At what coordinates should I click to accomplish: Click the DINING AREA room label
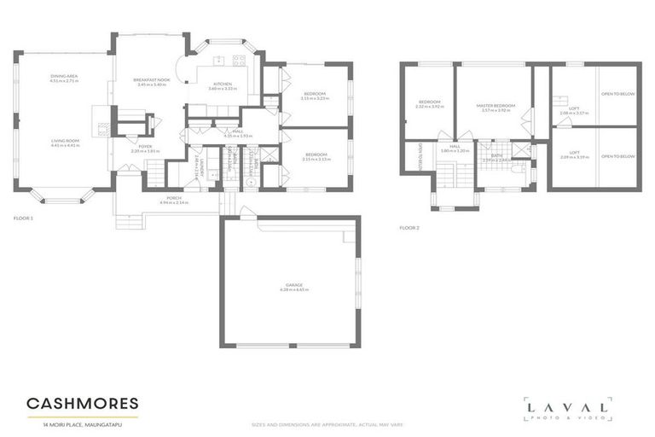pos(64,77)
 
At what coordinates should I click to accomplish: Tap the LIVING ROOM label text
pos(65,141)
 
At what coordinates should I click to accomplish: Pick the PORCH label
pos(175,198)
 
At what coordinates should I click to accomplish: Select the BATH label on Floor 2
pos(496,155)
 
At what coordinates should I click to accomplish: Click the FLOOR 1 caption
pos(24,219)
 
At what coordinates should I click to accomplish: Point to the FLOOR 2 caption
pos(410,228)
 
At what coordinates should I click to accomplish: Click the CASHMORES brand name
pos(82,403)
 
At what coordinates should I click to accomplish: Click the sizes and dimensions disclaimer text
pos(327,424)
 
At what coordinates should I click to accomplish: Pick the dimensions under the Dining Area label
pos(64,82)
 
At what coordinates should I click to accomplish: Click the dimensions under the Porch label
pos(175,203)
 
